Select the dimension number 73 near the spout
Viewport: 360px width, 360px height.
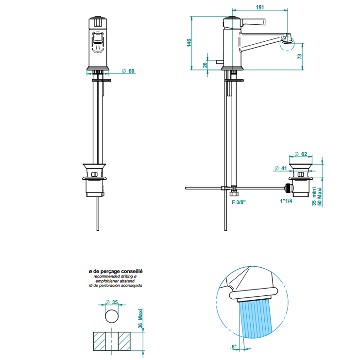299,56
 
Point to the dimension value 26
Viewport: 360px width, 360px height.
205,65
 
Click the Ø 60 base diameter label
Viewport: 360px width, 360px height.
128,71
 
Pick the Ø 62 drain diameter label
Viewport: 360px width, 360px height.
301,154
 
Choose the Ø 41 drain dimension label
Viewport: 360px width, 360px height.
279,168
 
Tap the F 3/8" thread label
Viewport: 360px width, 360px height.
238,202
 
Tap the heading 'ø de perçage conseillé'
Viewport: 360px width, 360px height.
115,271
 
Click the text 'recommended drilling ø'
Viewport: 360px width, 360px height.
115,276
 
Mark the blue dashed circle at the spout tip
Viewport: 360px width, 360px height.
287,44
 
